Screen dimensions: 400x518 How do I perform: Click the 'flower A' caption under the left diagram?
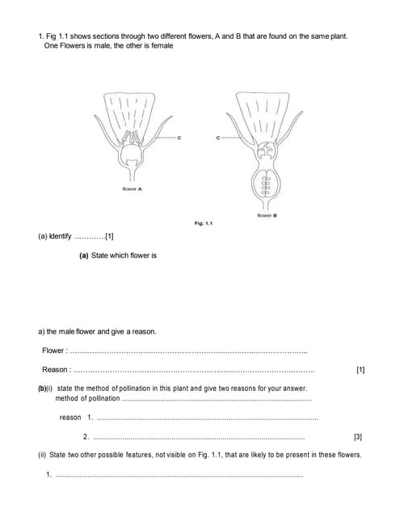click(x=134, y=189)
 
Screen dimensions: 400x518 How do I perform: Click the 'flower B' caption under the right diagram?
click(x=267, y=215)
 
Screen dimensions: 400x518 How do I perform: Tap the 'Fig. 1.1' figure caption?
click(x=203, y=223)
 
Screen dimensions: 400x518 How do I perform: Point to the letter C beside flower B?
click(x=217, y=139)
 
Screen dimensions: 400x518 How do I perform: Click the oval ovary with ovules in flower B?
click(x=263, y=187)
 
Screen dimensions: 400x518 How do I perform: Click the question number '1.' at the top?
click(x=41, y=36)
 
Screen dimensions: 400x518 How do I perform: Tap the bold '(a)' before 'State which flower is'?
click(x=83, y=255)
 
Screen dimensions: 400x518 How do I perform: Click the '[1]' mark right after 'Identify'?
click(x=109, y=237)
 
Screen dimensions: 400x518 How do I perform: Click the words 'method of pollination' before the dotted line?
click(x=86, y=399)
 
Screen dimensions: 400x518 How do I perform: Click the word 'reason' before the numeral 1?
click(x=70, y=418)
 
